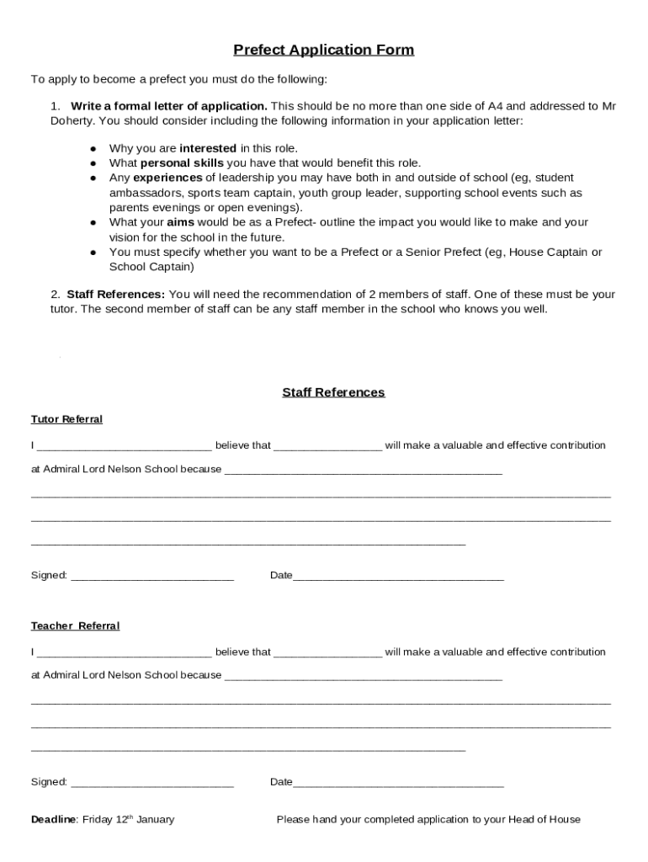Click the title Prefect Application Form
coord(323,51)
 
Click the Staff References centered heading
coord(333,392)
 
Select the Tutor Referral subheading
coord(66,419)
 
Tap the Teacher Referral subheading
coord(75,626)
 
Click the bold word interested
coord(208,148)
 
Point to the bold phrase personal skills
coord(182,163)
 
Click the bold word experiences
coord(167,178)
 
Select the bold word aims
coord(180,223)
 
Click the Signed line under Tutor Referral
coord(152,577)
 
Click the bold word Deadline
coord(54,819)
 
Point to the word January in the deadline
coord(155,819)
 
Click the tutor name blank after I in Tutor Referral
coord(125,446)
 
